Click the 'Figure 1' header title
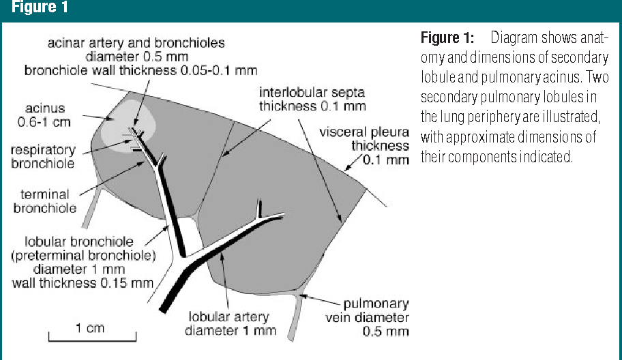point(33,10)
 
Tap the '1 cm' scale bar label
point(90,328)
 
